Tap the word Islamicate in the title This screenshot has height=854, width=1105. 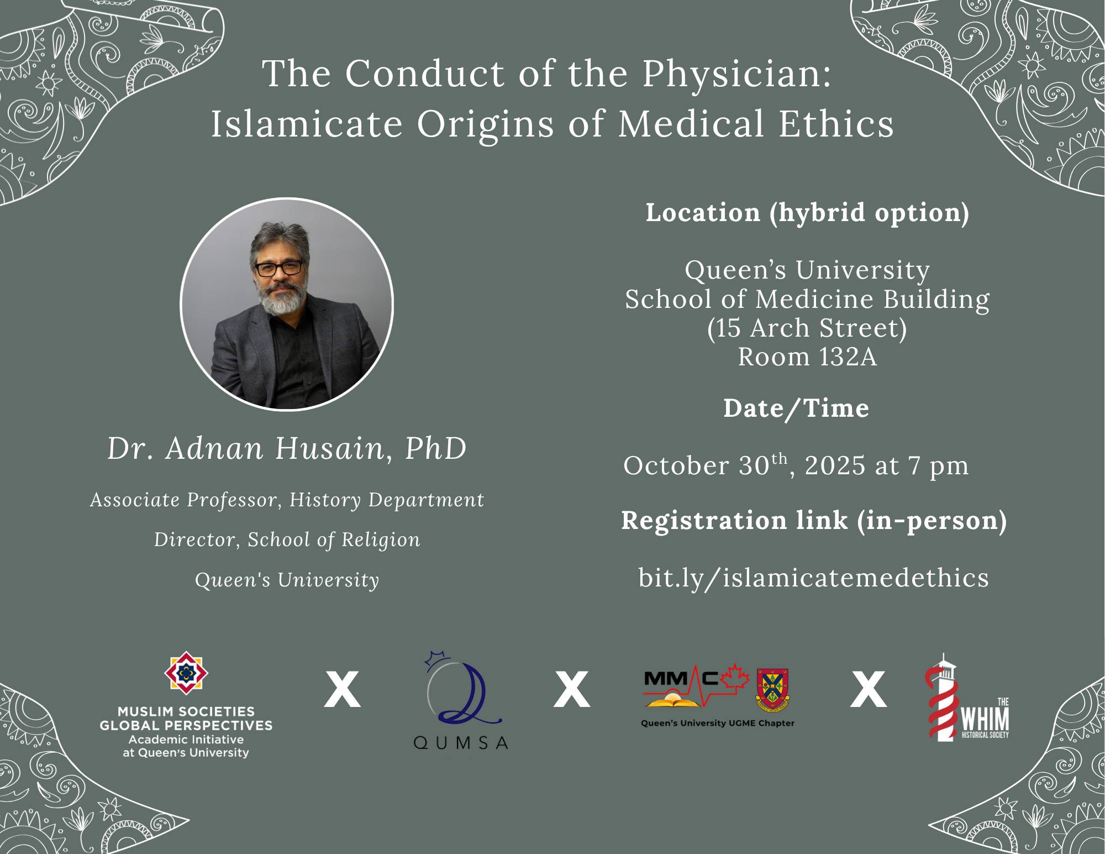tap(307, 124)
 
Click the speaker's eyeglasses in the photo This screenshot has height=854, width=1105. tap(279, 268)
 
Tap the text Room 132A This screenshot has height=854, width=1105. tap(807, 357)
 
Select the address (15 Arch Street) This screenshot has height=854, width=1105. tap(807, 328)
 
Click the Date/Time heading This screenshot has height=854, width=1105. tap(796, 408)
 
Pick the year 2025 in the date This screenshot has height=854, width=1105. tap(835, 465)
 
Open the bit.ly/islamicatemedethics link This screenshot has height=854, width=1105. tap(814, 578)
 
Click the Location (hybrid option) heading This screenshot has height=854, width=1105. tap(807, 213)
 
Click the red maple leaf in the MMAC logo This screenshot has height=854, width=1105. tap(733, 675)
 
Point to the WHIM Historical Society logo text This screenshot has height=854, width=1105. tap(986, 719)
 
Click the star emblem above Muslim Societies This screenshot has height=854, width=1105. tap(186, 674)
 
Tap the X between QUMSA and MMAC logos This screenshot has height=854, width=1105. tap(572, 689)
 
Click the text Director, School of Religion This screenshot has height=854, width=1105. tap(287, 540)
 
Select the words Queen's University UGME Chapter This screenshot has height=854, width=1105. tap(718, 723)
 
